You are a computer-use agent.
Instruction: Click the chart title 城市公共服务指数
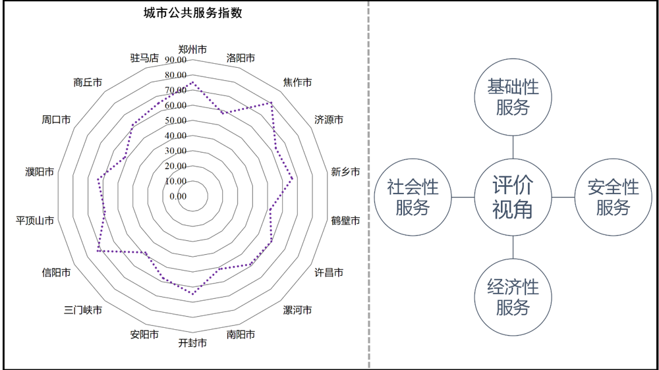click(x=193, y=13)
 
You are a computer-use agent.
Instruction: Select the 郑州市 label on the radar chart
click(x=192, y=49)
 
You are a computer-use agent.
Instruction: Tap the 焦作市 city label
click(x=298, y=82)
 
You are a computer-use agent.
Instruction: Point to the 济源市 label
click(x=329, y=120)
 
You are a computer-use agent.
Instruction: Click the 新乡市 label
click(x=345, y=172)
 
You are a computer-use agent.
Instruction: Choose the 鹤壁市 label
click(x=345, y=221)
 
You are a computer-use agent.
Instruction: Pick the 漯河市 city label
click(x=298, y=310)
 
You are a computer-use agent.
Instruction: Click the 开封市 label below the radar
click(x=192, y=343)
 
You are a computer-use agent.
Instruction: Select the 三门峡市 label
click(x=83, y=310)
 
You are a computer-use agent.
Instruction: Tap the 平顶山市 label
click(x=35, y=221)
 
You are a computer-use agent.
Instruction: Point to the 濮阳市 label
click(x=40, y=172)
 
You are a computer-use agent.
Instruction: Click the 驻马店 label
click(x=144, y=58)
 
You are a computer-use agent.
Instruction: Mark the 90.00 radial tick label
click(x=176, y=60)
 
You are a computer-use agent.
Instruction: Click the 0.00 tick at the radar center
click(x=178, y=197)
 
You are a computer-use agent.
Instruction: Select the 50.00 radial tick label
click(x=176, y=121)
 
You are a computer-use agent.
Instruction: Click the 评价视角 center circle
click(x=513, y=197)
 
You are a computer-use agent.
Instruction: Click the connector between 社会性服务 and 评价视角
click(x=463, y=197)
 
